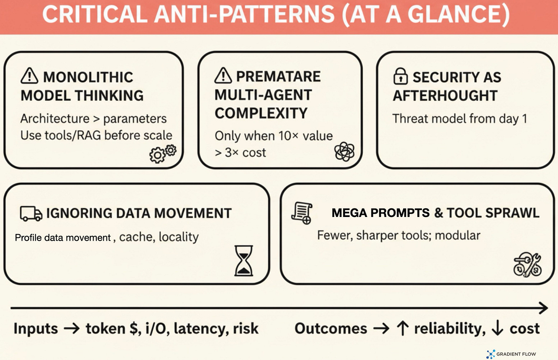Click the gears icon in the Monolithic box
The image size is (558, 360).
pyautogui.click(x=162, y=154)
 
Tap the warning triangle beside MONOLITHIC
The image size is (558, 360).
pyautogui.click(x=29, y=76)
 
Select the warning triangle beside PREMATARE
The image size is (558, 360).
pyautogui.click(x=223, y=76)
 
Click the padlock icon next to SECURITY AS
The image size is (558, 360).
pyautogui.click(x=400, y=76)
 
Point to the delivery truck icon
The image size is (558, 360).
pyautogui.click(x=31, y=214)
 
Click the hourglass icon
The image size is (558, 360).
pyautogui.click(x=244, y=261)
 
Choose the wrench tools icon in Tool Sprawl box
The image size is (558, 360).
pyautogui.click(x=527, y=265)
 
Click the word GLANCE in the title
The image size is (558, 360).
pyautogui.click(x=458, y=15)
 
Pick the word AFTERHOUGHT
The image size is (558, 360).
pyautogui.click(x=445, y=95)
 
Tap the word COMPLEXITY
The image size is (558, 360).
pyautogui.click(x=261, y=113)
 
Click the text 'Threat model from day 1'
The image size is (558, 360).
pyautogui.click(x=460, y=118)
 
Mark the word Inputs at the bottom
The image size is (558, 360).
pyautogui.click(x=36, y=329)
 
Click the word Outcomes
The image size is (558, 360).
pyautogui.click(x=331, y=329)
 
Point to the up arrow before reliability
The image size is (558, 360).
pyautogui.click(x=402, y=329)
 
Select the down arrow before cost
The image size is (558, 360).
pyautogui.click(x=497, y=329)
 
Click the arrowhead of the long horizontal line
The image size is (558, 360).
pyautogui.click(x=543, y=307)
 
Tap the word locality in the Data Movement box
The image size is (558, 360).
pyautogui.click(x=179, y=237)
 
